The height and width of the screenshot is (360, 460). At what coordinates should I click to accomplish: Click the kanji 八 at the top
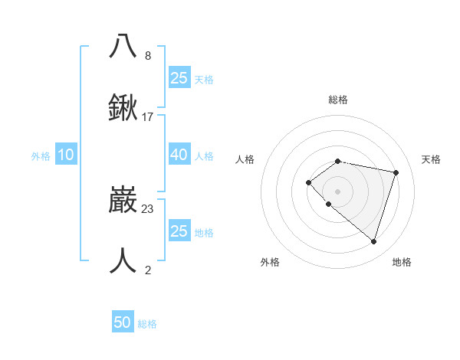pos(123,45)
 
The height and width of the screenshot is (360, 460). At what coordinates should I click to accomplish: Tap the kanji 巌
pos(123,201)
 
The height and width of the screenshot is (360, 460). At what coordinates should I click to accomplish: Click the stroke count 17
pos(148,116)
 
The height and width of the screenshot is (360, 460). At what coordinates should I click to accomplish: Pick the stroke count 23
pos(148,208)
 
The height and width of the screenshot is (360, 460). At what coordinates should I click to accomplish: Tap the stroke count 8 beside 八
pos(148,56)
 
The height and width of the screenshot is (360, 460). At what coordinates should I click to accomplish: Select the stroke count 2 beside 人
pos(148,269)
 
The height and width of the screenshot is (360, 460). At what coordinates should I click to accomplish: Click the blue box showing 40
pos(179,154)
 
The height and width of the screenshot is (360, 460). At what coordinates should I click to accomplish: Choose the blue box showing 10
pos(66,155)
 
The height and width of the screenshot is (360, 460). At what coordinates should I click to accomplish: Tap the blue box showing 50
pos(123,322)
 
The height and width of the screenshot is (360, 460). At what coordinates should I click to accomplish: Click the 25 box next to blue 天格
pos(179,77)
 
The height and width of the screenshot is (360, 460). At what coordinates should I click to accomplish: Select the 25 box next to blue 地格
pos(179,231)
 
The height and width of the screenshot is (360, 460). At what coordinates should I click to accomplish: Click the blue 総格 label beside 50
pos(147,324)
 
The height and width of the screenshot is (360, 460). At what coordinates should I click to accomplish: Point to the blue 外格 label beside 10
pos(41,155)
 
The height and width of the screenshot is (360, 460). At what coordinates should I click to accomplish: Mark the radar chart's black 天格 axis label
pos(431,159)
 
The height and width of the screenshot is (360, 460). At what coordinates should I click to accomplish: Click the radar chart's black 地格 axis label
pos(402,262)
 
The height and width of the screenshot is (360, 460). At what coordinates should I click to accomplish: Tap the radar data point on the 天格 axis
pos(396,172)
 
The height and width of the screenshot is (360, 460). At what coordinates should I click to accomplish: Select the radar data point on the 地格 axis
pos(373,241)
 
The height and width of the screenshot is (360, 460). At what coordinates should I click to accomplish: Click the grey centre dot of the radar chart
pos(337,191)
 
